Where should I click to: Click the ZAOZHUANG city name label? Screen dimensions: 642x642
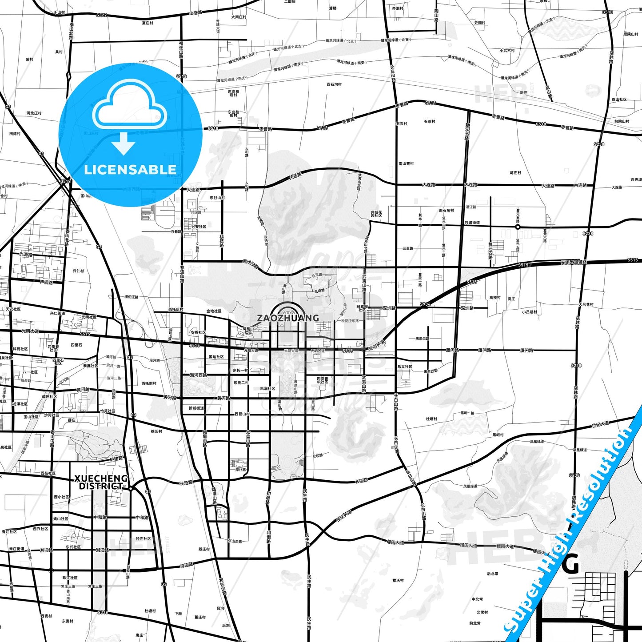[x=288, y=318]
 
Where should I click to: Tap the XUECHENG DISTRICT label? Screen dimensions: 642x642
[x=101, y=482]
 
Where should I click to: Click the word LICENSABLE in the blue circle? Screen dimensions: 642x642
[x=130, y=170]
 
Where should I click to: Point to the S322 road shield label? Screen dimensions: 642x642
[x=101, y=15]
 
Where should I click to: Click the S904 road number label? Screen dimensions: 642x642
[x=425, y=304]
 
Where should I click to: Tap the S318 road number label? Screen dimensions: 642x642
[x=103, y=612]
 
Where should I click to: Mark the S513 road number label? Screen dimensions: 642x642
[x=181, y=76]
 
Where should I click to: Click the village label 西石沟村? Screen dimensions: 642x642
[x=334, y=84]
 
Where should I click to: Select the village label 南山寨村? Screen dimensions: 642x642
[x=406, y=163]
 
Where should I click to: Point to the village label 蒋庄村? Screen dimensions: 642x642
[x=515, y=173]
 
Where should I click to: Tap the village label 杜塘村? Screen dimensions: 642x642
[x=431, y=419]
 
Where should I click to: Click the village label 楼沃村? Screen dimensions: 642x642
[x=398, y=580]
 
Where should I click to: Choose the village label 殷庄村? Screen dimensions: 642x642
[x=204, y=549]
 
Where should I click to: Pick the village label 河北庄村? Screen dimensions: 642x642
[x=34, y=113]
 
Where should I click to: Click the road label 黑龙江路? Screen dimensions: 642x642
[x=251, y=263]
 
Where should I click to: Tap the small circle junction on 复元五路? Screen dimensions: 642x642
[x=518, y=227]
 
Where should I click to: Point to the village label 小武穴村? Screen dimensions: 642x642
[x=507, y=51]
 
